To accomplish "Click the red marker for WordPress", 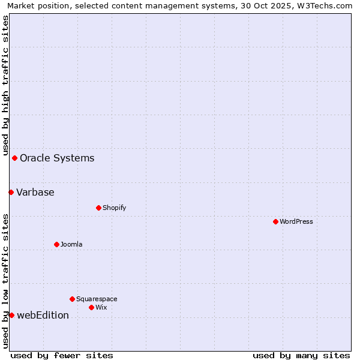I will click(x=275, y=221).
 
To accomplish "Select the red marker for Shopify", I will click(x=98, y=208).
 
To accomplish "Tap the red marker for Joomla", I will click(x=56, y=244).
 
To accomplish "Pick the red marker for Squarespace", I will click(x=72, y=299).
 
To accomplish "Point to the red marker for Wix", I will click(x=91, y=307).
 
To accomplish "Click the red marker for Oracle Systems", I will click(x=14, y=158).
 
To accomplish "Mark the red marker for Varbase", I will click(x=11, y=192).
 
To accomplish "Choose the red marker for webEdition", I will click(x=11, y=315).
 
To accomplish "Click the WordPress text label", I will click(x=296, y=221).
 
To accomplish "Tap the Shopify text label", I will click(x=114, y=208).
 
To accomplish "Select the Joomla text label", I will click(x=71, y=244).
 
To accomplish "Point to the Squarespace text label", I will click(x=97, y=299).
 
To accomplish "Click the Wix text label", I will click(x=101, y=307).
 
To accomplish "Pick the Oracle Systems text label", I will click(x=57, y=158).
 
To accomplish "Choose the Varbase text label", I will click(x=35, y=192).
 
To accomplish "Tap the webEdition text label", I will click(x=43, y=315).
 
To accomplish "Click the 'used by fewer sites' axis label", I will click(x=62, y=355).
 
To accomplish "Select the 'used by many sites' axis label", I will click(x=301, y=355).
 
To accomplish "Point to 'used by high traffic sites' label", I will click(x=5, y=85).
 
